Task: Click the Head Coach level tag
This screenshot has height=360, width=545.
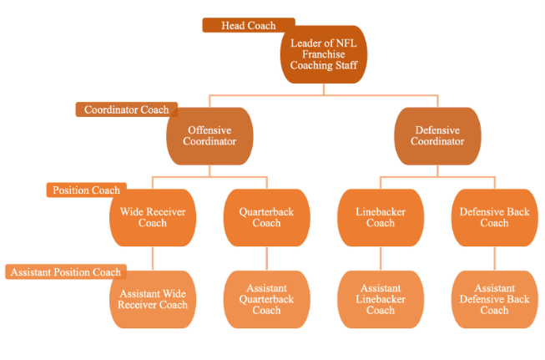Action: point(249,26)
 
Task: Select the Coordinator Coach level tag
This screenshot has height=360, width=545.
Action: point(126,109)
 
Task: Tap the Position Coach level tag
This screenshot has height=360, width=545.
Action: point(87,190)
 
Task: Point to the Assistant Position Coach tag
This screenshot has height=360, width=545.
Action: point(65,271)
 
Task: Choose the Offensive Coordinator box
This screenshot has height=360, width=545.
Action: point(209,136)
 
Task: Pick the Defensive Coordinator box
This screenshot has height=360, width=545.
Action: point(437,136)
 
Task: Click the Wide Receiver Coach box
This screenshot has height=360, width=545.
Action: point(153,217)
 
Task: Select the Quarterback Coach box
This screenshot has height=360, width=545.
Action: point(266,217)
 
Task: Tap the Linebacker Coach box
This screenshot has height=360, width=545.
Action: point(380,217)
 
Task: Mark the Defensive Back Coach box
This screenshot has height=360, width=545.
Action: point(494,217)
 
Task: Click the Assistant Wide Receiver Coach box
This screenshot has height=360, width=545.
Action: point(153,299)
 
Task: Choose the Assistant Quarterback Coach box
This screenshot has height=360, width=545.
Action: point(266,299)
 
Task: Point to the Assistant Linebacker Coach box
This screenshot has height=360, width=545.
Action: point(380,299)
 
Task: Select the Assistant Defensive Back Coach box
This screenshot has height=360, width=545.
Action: point(494,299)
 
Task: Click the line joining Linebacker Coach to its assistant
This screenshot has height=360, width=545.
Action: point(381,258)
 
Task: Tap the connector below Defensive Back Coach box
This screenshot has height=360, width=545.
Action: point(494,258)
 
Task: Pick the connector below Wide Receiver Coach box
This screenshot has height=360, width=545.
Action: point(153,258)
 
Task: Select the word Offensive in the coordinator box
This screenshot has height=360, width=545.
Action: point(209,130)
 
